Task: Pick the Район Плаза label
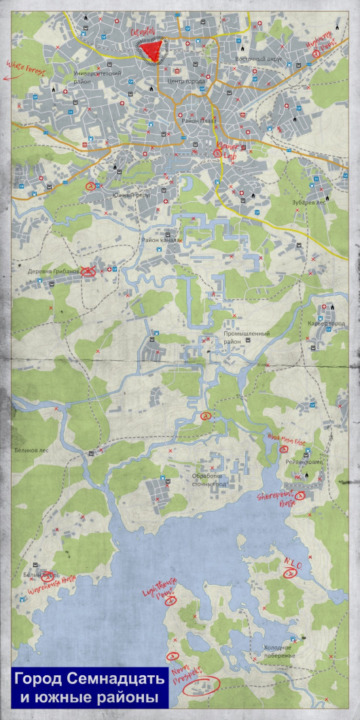[x=198, y=121]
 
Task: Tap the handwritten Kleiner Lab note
[x=226, y=149]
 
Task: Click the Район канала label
[x=161, y=240]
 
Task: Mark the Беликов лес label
[x=33, y=449]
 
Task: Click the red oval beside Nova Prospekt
[x=202, y=684]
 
